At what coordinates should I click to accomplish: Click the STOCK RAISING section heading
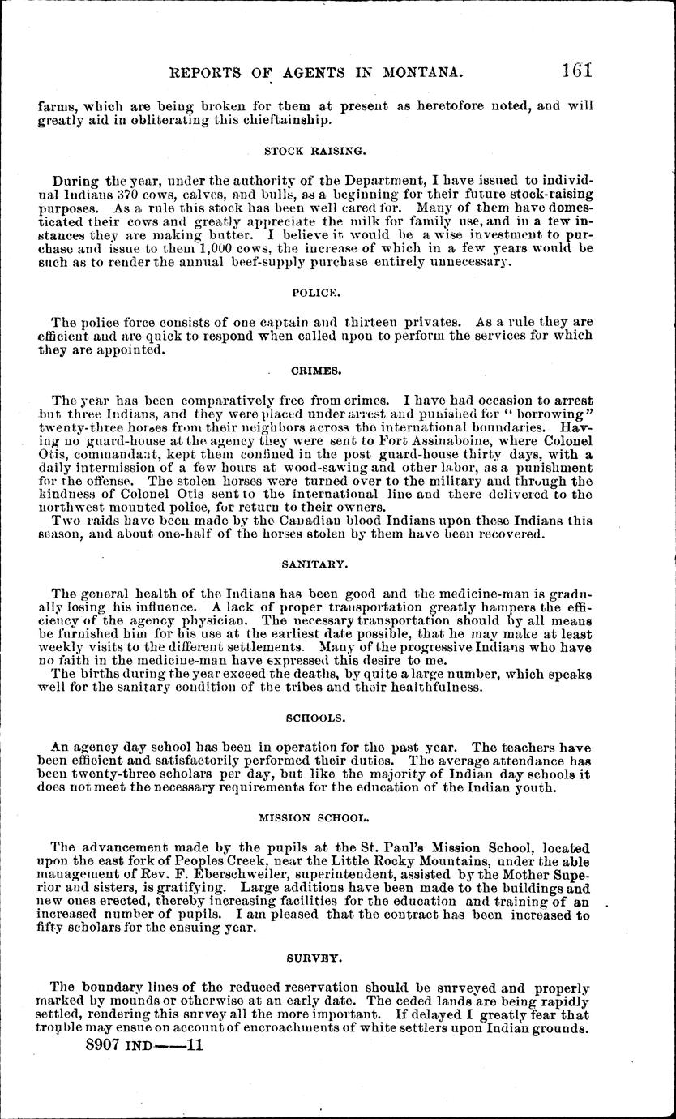click(304, 150)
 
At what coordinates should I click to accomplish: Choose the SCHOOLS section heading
click(315, 718)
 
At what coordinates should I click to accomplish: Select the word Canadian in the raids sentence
click(242, 521)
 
